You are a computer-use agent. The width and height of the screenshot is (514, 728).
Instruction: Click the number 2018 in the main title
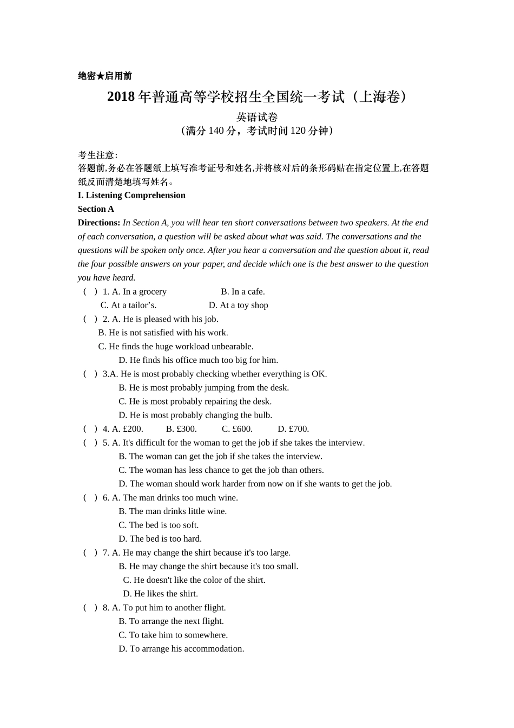[x=121, y=97]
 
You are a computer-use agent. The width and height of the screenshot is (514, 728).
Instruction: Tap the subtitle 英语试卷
[x=257, y=117]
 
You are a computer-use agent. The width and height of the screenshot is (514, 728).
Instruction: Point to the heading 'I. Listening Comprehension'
[x=131, y=195]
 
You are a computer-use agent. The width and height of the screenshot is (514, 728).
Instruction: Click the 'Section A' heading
[x=96, y=209]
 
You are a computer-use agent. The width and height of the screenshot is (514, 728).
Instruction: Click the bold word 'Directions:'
[x=99, y=223]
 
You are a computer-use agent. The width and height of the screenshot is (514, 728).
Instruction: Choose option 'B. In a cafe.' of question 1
[x=243, y=291]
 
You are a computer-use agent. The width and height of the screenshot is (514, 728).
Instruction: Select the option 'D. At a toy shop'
[x=239, y=305]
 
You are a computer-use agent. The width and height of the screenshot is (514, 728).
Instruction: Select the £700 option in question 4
[x=293, y=429]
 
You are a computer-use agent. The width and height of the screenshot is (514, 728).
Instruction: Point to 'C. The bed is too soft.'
[x=159, y=525]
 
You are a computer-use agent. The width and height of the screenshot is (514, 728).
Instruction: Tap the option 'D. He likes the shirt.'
[x=161, y=594]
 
